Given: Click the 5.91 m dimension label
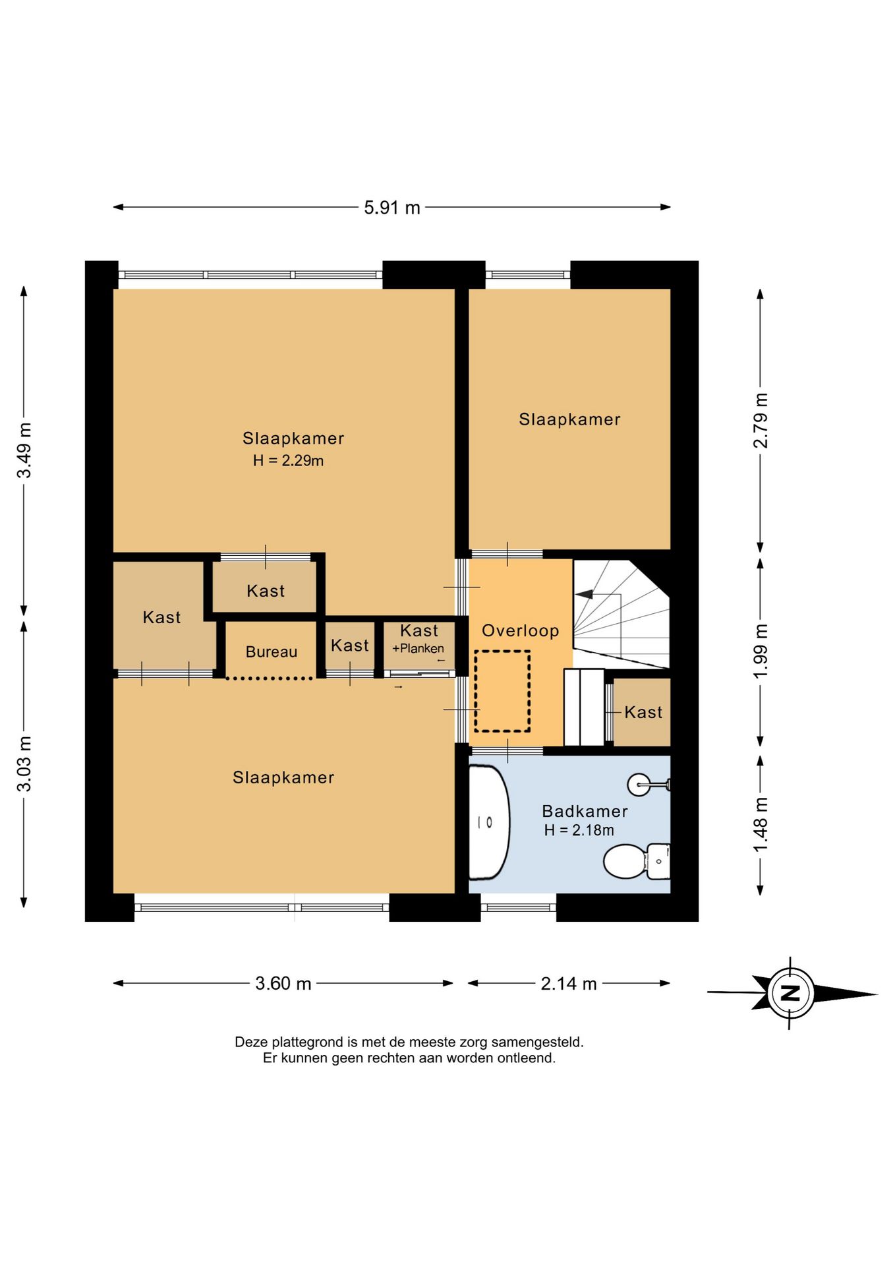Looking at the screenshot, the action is [x=392, y=208].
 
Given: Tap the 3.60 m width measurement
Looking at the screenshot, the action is [x=283, y=983].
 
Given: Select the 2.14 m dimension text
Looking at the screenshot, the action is [x=569, y=984].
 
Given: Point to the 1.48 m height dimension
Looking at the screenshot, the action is [x=761, y=824].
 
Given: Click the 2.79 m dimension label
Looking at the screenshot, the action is [x=761, y=421].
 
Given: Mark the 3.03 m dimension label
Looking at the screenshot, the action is [x=24, y=764].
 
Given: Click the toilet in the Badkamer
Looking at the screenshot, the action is [x=637, y=861].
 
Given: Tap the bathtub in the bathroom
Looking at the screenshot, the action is [x=489, y=822].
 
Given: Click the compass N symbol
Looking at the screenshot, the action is [x=790, y=992].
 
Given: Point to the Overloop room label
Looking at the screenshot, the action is [x=521, y=631].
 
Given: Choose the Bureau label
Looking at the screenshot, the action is [x=272, y=652].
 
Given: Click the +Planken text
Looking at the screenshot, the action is [x=419, y=648].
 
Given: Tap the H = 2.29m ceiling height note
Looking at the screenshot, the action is [x=289, y=461].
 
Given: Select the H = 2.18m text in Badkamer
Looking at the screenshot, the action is [x=579, y=830].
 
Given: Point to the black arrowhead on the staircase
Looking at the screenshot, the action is [x=585, y=594].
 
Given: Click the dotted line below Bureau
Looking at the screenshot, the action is [x=270, y=678].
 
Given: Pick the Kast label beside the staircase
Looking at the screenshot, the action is [x=643, y=712].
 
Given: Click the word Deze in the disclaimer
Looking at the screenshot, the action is [x=250, y=1042].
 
